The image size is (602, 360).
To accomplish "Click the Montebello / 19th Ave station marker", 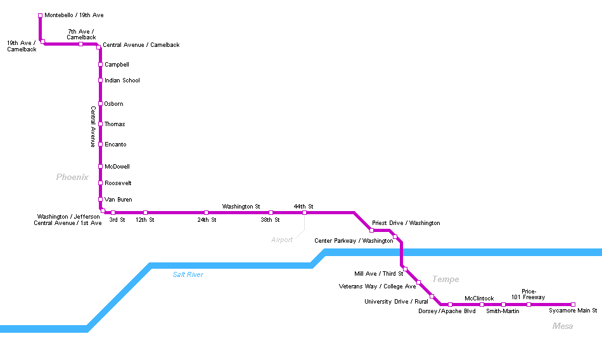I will (x=41, y=15).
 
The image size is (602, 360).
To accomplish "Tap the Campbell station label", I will (x=117, y=65).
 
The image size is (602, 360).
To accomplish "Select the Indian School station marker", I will (x=100, y=80).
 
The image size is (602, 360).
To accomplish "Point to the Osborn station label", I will (x=114, y=104).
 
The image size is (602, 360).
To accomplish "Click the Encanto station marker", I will (x=100, y=145).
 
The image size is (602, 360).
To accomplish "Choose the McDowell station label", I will (x=117, y=167).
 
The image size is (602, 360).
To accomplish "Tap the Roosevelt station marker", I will (x=100, y=183).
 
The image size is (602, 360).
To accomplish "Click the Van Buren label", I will (x=118, y=200).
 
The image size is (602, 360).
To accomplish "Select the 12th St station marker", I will (x=145, y=213).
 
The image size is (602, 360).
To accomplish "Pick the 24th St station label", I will (x=207, y=220).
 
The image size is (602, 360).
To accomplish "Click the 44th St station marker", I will (x=304, y=213).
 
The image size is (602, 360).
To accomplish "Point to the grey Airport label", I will (x=282, y=240).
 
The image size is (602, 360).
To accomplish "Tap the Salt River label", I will (x=188, y=274).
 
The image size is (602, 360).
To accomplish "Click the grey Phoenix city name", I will (x=72, y=177).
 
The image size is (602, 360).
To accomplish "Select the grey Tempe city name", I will (x=445, y=280).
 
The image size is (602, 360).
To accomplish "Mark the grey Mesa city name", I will (x=563, y=326).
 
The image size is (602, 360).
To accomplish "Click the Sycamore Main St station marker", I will (x=573, y=304).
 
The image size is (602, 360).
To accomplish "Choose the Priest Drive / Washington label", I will (x=406, y=223).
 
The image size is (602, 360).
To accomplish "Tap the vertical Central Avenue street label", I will (x=93, y=127).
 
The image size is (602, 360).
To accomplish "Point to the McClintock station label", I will (x=479, y=299).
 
